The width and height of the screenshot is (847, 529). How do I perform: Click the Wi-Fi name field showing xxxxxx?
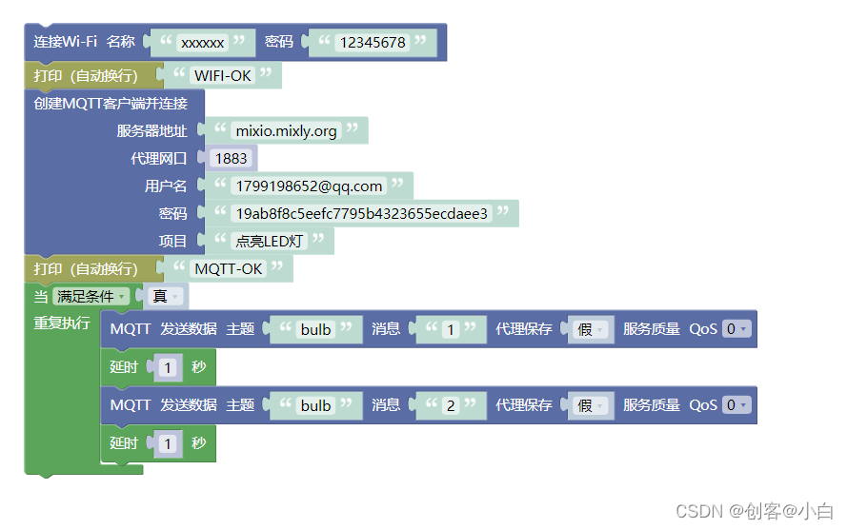202,43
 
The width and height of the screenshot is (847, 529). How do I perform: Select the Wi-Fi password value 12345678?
373,43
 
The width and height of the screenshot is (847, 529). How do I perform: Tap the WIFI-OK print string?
224,76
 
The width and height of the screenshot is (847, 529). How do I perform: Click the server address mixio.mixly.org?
286,131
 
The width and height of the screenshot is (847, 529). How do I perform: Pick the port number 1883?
231,159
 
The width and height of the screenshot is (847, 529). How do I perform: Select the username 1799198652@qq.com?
309,186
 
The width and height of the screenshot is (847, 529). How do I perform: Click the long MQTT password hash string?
361,214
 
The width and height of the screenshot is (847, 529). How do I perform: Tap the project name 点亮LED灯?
269,242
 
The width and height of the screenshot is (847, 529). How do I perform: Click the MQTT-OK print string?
229,269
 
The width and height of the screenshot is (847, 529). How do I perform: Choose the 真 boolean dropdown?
165,297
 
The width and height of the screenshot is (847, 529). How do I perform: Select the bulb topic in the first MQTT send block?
315,329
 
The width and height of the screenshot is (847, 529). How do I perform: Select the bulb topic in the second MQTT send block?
315,405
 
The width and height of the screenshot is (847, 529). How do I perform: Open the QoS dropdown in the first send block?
736,329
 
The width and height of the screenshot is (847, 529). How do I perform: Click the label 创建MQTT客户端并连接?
111,104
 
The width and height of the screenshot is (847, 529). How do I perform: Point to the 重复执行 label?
62,323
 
